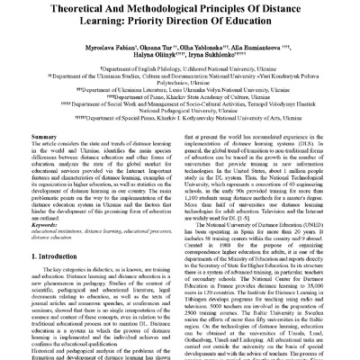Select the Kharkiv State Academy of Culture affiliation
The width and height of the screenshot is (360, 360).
[180, 111]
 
